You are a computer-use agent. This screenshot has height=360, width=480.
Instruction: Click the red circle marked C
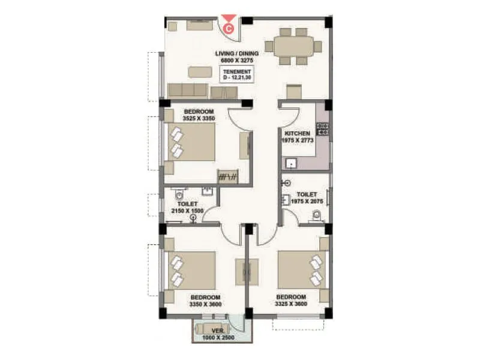[x=229, y=27]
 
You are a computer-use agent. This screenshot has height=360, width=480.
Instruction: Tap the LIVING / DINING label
[x=237, y=54]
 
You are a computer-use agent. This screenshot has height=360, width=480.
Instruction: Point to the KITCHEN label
[x=297, y=133]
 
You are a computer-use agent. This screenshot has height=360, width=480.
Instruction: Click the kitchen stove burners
[x=322, y=127]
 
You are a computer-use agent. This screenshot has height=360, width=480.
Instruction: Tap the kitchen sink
[x=292, y=163]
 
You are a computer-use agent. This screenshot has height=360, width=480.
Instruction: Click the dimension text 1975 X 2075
[x=307, y=202]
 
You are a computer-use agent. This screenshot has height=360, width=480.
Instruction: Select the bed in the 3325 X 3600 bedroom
[x=302, y=269]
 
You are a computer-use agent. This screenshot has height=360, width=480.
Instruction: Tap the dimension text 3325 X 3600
[x=291, y=304]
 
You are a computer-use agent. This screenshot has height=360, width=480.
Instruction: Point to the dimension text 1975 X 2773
[x=297, y=140]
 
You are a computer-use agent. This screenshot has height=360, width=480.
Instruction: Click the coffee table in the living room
[x=200, y=72]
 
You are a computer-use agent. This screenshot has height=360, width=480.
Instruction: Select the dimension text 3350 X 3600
[x=205, y=304]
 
